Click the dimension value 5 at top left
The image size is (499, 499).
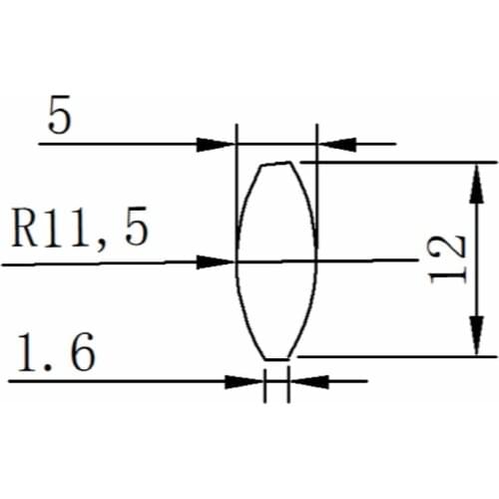[59, 119]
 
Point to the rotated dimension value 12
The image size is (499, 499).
[449, 258]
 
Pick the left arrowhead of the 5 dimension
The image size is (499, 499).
[216, 144]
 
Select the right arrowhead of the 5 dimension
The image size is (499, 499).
[336, 144]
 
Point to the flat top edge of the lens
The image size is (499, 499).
[275, 164]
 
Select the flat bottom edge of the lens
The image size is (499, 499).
[276, 357]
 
